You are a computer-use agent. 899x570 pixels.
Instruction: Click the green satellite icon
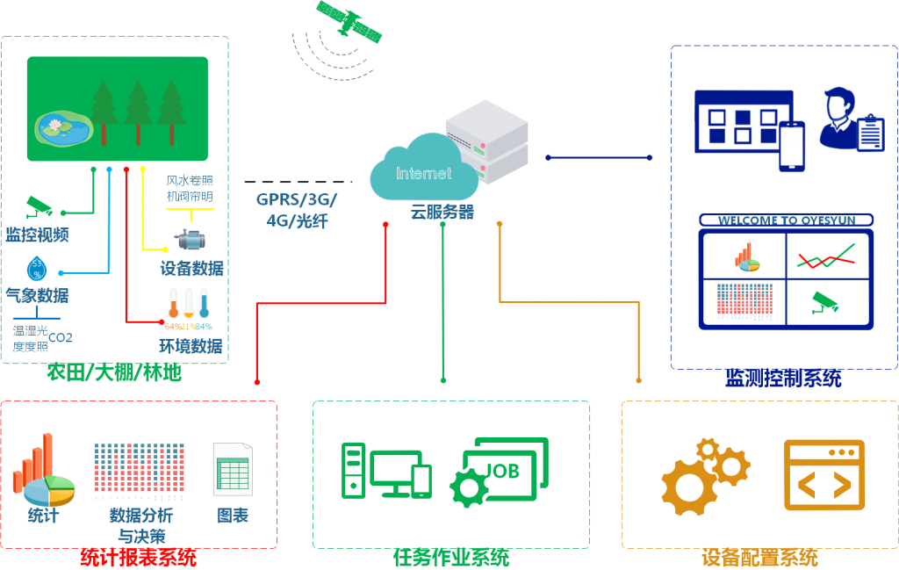[349, 22]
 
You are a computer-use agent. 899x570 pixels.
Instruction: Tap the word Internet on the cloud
[424, 173]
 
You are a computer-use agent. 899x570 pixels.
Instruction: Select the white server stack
[486, 140]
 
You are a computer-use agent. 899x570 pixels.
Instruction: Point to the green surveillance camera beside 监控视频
[40, 207]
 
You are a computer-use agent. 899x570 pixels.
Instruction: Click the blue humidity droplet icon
[37, 268]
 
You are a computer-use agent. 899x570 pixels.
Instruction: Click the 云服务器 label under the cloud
[442, 212]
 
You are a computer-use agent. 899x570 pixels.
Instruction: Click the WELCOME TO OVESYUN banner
[786, 220]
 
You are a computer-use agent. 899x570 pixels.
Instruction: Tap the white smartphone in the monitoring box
[792, 146]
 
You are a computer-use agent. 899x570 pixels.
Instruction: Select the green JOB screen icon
[504, 470]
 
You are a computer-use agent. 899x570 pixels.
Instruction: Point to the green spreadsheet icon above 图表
[233, 470]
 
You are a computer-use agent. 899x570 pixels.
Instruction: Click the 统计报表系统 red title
[139, 558]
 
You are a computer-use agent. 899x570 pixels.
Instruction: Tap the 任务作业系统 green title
[451, 558]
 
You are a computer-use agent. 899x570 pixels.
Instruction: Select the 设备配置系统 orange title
[760, 558]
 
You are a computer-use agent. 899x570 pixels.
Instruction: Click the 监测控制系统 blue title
[783, 379]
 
